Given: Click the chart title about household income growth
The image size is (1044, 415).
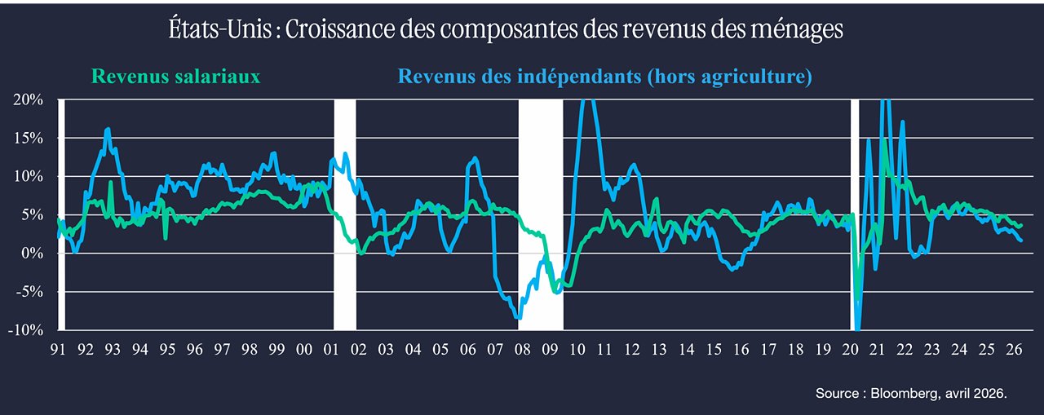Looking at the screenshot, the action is coord(506,29).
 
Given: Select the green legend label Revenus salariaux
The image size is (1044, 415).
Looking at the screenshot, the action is coord(175,77).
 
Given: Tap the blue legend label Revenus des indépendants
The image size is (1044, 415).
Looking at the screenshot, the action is coord(605,77).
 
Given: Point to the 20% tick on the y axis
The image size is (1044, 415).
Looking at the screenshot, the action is coord(28,99).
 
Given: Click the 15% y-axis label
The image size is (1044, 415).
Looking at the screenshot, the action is coord(29,139).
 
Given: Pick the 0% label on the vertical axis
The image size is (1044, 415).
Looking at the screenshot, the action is coord(32,254).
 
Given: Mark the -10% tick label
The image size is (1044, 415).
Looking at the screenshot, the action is coord(25,330).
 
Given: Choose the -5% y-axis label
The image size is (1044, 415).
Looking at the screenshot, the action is coord(29,292).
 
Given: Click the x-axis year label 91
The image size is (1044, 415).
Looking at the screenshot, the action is coord(58,349).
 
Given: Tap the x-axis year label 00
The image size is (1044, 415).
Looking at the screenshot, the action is coord(304,349).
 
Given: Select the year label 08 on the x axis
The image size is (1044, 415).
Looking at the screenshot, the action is coord(523,349).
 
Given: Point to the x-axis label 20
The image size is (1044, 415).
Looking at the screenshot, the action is coord(850,349).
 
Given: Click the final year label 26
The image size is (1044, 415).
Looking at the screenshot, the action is coord(1014,349).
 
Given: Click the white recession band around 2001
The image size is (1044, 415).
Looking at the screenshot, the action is coord(345,214).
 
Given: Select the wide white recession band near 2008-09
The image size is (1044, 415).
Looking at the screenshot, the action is coord(541,214).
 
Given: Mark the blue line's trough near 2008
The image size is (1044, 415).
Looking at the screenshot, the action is coord(519,318).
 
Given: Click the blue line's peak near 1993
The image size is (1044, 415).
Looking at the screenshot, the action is coord(108,129).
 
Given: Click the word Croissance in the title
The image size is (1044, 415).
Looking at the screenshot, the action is coord(339,29).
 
